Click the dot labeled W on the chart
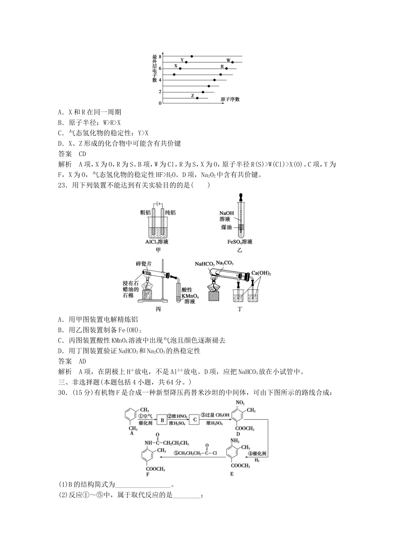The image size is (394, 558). point(233,62)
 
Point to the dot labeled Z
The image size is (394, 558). point(197,98)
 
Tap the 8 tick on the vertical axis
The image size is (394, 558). point(160,56)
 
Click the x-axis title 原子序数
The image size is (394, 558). point(230,99)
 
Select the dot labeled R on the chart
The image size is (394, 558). point(226,68)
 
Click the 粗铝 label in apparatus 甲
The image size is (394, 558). point(146,213)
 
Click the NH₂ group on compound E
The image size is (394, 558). point(235,440)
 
